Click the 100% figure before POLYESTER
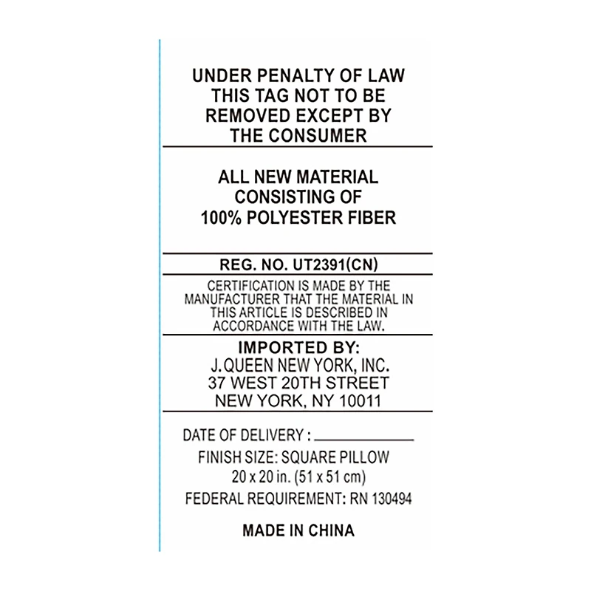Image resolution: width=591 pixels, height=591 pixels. [x=221, y=218]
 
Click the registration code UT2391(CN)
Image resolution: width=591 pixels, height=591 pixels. [x=335, y=264]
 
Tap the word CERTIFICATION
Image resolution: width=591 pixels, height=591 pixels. [x=250, y=286]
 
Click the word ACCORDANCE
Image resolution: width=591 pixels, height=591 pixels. [x=253, y=326]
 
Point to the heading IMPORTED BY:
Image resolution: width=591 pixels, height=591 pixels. [x=298, y=347]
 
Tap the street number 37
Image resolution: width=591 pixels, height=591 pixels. [x=216, y=383]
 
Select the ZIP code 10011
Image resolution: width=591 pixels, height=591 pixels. [x=360, y=400]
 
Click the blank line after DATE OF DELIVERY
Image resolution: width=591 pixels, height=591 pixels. [x=364, y=440]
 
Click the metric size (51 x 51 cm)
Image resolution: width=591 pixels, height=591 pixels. [x=330, y=477]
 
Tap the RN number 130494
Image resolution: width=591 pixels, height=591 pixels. [x=392, y=499]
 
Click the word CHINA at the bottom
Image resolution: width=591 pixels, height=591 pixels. [x=332, y=530]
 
